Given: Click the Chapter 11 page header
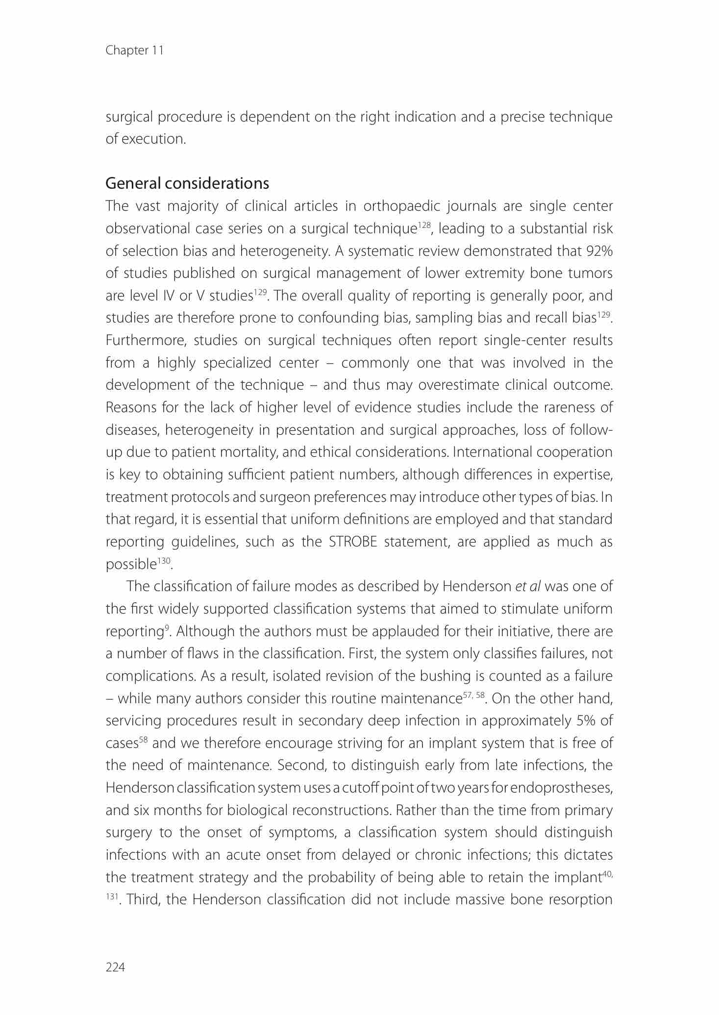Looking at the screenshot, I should [134, 50].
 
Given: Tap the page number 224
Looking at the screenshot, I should [115, 966].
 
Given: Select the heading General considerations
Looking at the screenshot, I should [187, 183].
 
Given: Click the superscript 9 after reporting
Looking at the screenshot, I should [168, 627].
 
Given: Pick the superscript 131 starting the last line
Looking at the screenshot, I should [112, 896].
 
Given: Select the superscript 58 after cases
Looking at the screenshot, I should [143, 739].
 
